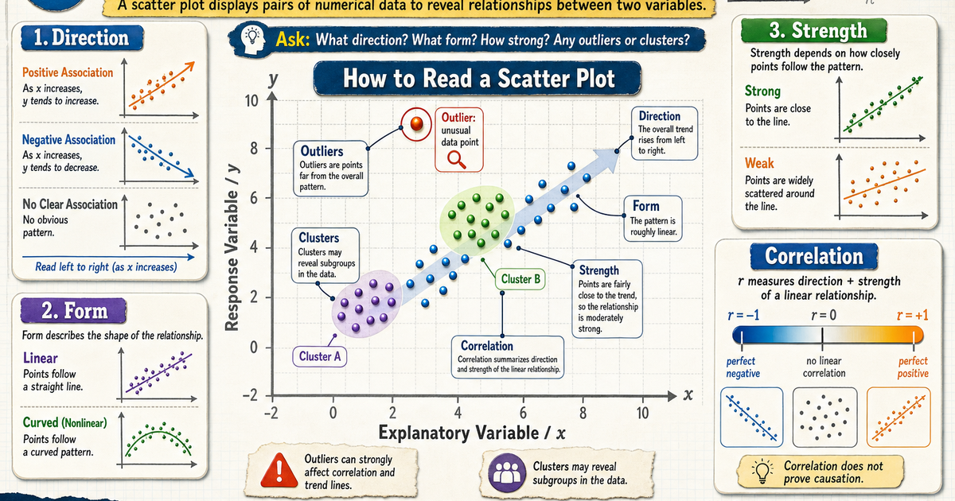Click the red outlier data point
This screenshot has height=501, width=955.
coord(416,123)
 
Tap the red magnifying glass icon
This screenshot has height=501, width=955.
coord(457,161)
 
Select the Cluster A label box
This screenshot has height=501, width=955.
coord(320,356)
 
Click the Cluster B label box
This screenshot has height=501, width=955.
coord(520,279)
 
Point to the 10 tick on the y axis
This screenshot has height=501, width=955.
coord(251,101)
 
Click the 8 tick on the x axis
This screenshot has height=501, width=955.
coord(583,413)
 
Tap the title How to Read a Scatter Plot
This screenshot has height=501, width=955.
coord(479,79)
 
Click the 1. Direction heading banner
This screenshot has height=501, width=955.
coord(82,37)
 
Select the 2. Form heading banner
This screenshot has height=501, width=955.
coord(74,311)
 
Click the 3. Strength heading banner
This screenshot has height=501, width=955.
coord(813,31)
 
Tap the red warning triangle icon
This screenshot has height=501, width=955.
coord(279,470)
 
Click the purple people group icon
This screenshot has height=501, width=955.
coord(507,472)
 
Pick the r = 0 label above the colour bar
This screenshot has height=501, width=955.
coord(823,315)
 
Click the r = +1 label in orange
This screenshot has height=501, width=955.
coord(912,315)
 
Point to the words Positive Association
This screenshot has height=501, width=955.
coord(68,72)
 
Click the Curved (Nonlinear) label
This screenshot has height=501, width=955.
coord(64,422)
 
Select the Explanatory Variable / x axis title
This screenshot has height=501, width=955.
coord(472,433)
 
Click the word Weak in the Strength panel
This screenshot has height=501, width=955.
coord(759,163)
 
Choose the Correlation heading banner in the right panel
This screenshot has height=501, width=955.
coord(814,256)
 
